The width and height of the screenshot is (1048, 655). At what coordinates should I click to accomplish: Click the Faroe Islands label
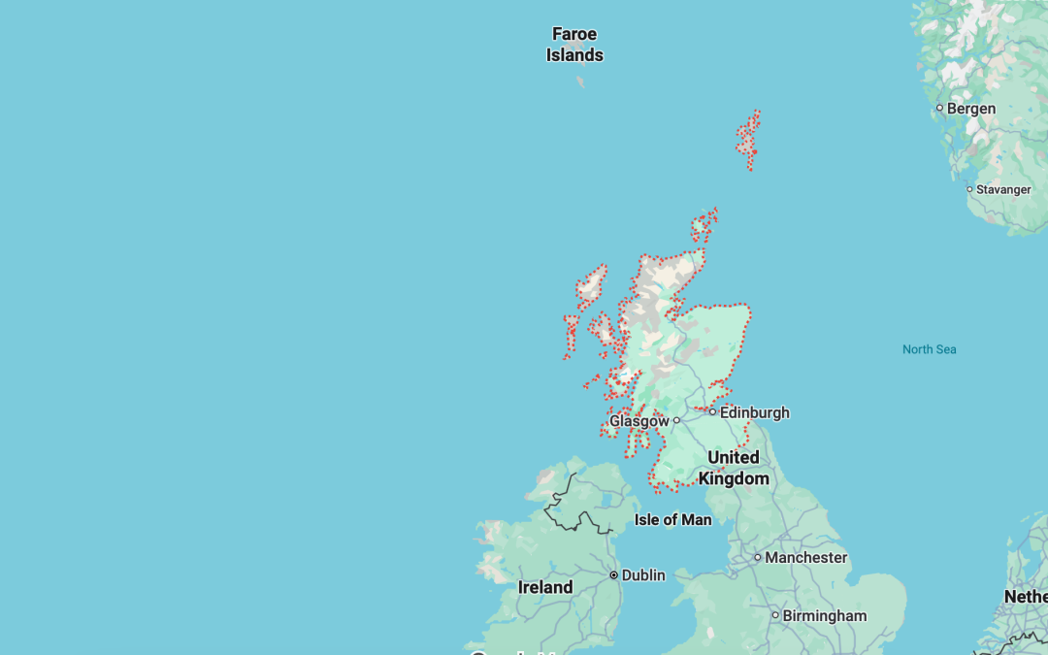pyautogui.click(x=574, y=45)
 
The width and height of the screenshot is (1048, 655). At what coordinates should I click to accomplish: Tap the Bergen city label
pyautogui.click(x=970, y=109)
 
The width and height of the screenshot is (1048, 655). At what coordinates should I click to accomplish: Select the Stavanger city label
pyautogui.click(x=1003, y=189)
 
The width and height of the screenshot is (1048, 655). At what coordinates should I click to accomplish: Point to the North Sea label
pyautogui.click(x=929, y=349)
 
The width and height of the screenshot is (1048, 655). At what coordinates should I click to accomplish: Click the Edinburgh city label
pyautogui.click(x=754, y=412)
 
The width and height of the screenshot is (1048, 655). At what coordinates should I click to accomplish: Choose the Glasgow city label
pyautogui.click(x=639, y=421)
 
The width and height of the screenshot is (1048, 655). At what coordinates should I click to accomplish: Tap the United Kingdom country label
pyautogui.click(x=734, y=468)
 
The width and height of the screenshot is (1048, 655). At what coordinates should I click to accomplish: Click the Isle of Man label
pyautogui.click(x=672, y=520)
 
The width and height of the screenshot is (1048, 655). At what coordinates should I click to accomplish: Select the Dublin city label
pyautogui.click(x=643, y=575)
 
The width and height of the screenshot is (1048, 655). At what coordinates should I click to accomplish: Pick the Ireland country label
pyautogui.click(x=545, y=587)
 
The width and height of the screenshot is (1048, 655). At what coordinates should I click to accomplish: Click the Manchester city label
pyautogui.click(x=805, y=558)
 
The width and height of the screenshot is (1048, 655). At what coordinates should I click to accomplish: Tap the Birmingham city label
pyautogui.click(x=824, y=615)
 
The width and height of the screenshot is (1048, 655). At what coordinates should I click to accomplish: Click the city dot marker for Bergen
pyautogui.click(x=939, y=109)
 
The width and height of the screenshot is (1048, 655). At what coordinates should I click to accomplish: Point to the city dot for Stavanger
pyautogui.click(x=968, y=189)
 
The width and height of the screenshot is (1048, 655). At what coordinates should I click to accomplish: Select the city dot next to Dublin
pyautogui.click(x=614, y=575)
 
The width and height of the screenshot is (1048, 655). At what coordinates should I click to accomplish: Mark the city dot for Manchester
pyautogui.click(x=758, y=558)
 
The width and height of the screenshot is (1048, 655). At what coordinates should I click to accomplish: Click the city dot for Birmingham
pyautogui.click(x=775, y=615)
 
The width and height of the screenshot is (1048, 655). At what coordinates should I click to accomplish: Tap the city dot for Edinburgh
pyautogui.click(x=712, y=412)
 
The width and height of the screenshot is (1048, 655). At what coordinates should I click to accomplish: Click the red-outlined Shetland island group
pyautogui.click(x=748, y=139)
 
